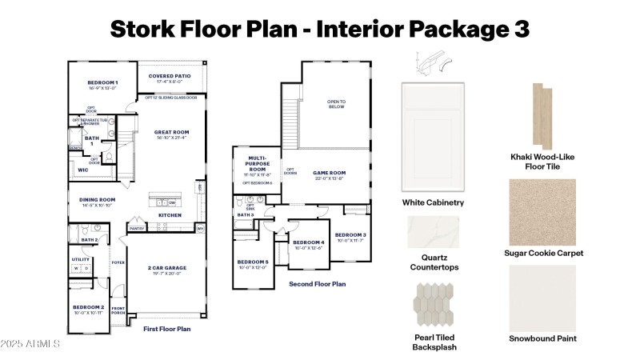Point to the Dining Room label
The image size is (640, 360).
pos(97,202)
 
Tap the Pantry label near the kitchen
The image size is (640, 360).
pos(136,228)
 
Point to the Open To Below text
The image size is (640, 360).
pos(335,104)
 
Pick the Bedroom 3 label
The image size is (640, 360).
pos(350,237)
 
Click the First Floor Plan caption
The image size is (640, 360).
pos(166,329)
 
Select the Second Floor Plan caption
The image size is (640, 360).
pos(317,284)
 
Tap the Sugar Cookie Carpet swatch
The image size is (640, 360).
pos(542,211)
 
